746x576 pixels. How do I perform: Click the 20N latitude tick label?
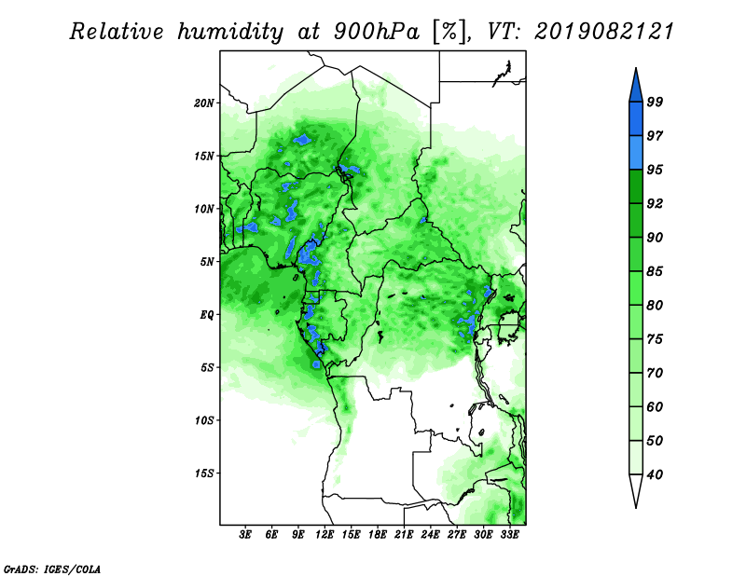204,103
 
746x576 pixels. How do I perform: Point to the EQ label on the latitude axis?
207,314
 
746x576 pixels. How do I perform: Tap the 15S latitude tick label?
204,473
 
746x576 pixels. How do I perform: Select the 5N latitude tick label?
207,262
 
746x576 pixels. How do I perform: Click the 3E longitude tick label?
245,535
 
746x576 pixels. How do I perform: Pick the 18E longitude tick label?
377,535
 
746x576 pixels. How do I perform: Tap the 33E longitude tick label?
509,535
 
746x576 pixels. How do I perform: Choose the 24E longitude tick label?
430,535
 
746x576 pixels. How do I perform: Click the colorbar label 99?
655,102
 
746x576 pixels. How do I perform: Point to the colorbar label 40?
655,474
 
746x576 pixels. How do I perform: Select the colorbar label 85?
655,271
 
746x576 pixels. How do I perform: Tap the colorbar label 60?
655,406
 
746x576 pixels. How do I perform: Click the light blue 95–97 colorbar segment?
636,153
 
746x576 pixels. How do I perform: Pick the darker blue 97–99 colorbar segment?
636,119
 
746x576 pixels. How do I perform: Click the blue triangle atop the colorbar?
636,88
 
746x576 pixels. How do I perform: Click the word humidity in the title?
230,33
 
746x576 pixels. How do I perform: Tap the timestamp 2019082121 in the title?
604,32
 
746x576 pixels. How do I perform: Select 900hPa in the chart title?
377,32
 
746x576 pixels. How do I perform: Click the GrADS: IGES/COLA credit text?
52,569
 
